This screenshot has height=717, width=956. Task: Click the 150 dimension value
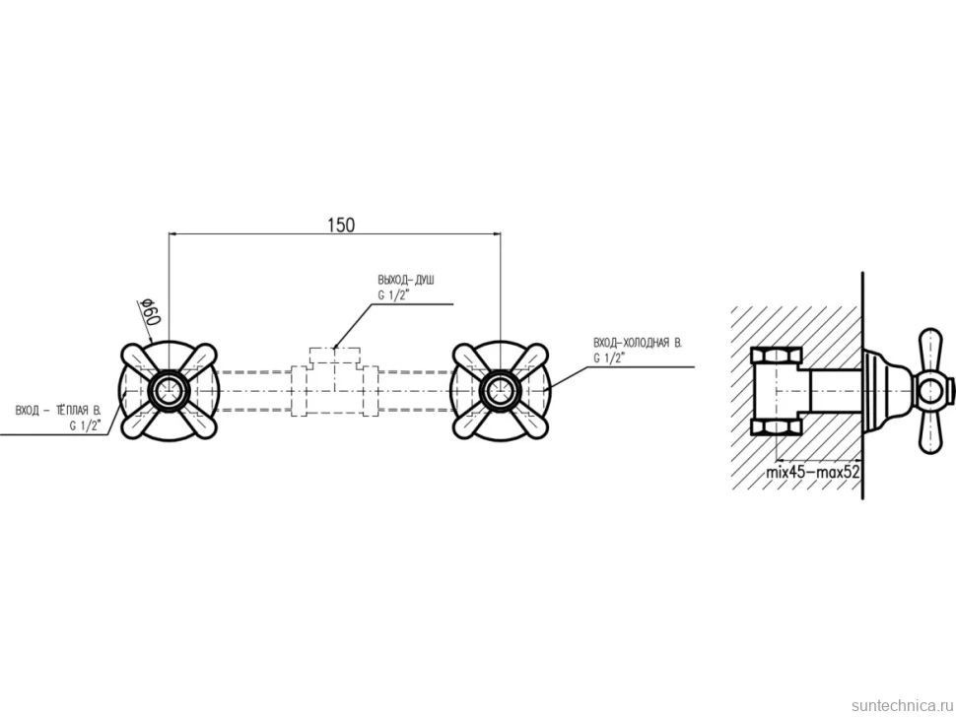click(x=341, y=226)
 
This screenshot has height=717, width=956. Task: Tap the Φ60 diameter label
click(x=150, y=311)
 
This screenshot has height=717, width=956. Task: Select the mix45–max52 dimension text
click(x=813, y=471)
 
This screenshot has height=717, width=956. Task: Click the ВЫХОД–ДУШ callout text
click(x=406, y=281)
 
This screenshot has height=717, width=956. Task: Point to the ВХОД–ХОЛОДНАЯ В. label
click(x=638, y=343)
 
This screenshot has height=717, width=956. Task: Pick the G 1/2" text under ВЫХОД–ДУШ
click(x=394, y=295)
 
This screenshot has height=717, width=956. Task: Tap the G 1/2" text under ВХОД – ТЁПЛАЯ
click(x=85, y=425)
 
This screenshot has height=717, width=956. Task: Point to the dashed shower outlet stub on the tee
click(x=335, y=357)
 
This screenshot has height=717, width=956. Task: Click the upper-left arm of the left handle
click(x=142, y=361)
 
